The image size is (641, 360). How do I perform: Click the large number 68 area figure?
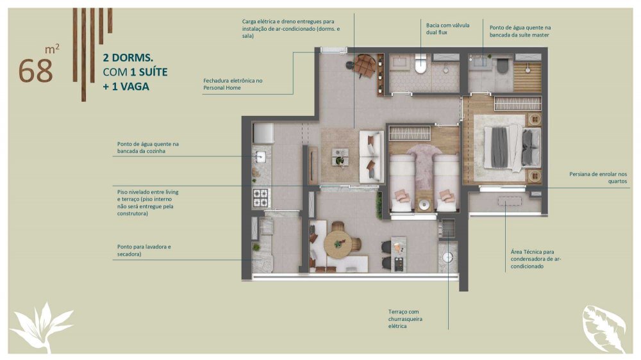(x=35, y=70)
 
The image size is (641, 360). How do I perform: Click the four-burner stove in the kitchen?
(x=260, y=197)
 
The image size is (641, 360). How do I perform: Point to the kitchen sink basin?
(x=260, y=157)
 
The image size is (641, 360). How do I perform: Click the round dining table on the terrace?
(x=338, y=244)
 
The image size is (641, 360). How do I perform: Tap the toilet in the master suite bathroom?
(x=503, y=66)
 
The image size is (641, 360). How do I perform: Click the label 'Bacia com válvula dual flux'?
(x=447, y=29)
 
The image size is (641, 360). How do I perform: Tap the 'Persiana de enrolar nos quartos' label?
(x=598, y=177)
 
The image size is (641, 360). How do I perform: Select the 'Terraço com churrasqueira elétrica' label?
(x=405, y=319)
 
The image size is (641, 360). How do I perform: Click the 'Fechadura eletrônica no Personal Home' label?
(x=233, y=84)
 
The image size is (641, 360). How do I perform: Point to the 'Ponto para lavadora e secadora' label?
(x=144, y=250)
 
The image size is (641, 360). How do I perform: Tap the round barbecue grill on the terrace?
(x=447, y=257)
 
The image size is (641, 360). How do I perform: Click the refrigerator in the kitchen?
(x=263, y=133)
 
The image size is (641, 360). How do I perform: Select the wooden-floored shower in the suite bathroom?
(x=528, y=77)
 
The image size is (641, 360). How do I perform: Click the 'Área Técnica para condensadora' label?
(x=535, y=259)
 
